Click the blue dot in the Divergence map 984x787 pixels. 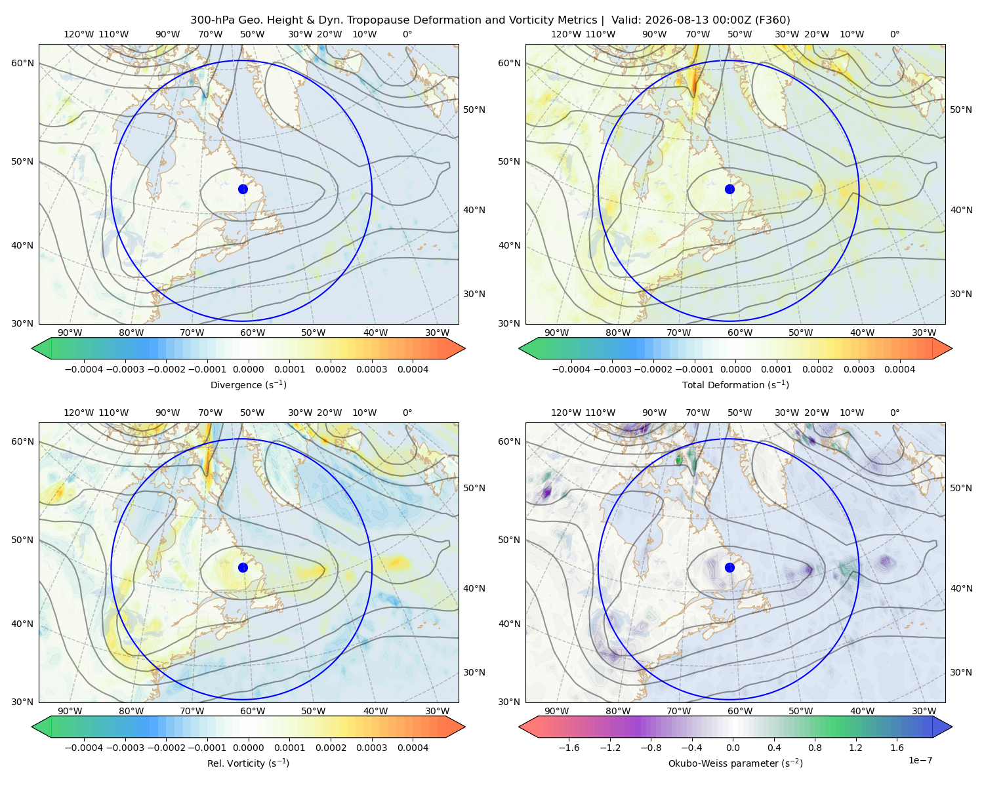pos(243,190)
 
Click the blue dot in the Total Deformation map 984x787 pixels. pos(729,190)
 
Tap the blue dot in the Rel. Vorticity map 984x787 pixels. pos(243,567)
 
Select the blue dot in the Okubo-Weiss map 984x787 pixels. pos(729,567)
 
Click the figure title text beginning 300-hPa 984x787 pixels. pos(490,20)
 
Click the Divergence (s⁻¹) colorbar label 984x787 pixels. pos(248,385)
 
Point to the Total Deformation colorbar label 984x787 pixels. pos(735,385)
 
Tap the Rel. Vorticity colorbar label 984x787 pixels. pos(248,763)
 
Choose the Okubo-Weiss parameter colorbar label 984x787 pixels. pos(735,763)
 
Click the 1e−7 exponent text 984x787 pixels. pos(920,760)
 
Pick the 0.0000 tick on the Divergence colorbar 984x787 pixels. pos(248,369)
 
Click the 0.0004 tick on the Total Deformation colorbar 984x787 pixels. pos(900,369)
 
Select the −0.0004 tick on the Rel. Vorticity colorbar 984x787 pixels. pos(84,748)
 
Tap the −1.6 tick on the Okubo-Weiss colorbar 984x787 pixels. pos(569,748)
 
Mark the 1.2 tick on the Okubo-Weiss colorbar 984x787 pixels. pos(855,748)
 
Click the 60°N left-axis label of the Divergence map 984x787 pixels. pos(22,63)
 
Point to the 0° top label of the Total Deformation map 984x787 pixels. pos(894,34)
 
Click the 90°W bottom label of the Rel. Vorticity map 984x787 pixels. pos(70,711)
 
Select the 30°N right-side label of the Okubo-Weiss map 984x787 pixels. pos(961,672)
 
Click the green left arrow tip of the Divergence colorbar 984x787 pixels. pos(32,348)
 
